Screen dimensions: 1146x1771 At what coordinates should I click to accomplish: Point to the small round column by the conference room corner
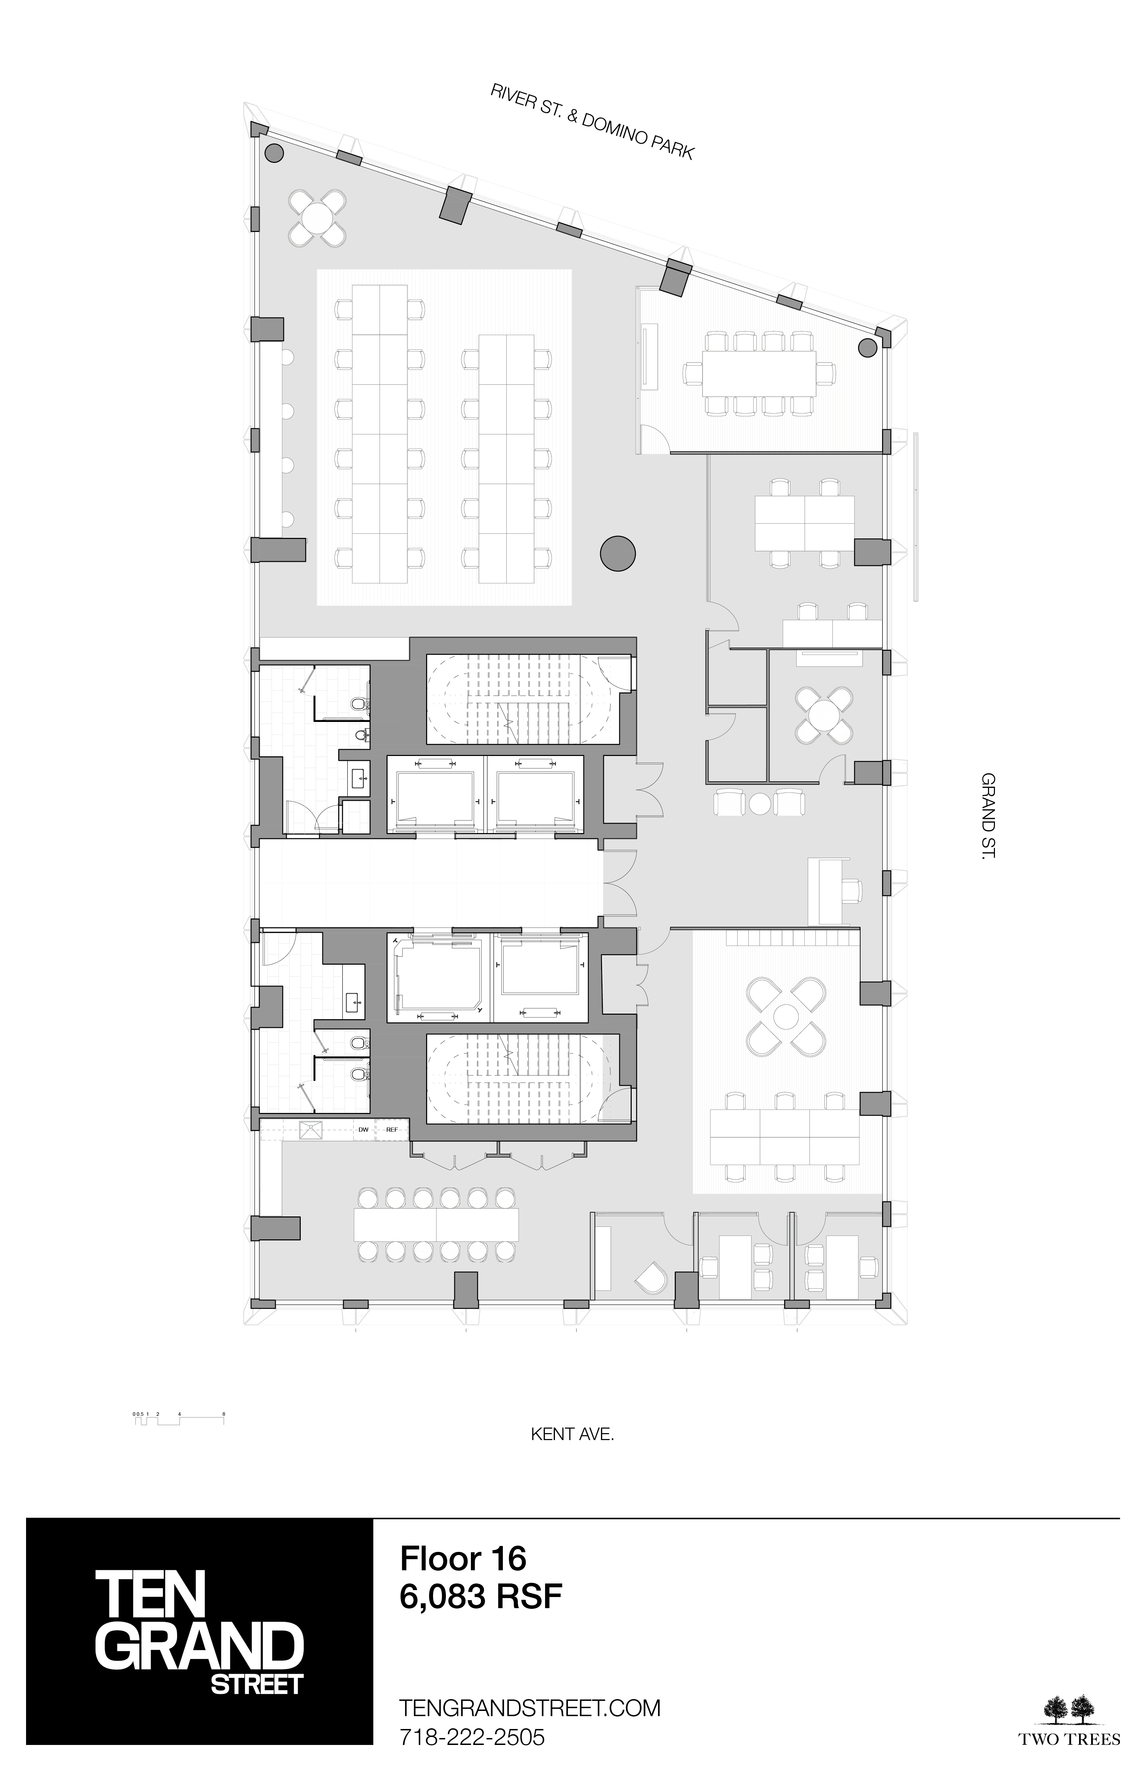point(867,347)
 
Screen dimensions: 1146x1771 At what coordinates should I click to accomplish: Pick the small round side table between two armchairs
point(759,803)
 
